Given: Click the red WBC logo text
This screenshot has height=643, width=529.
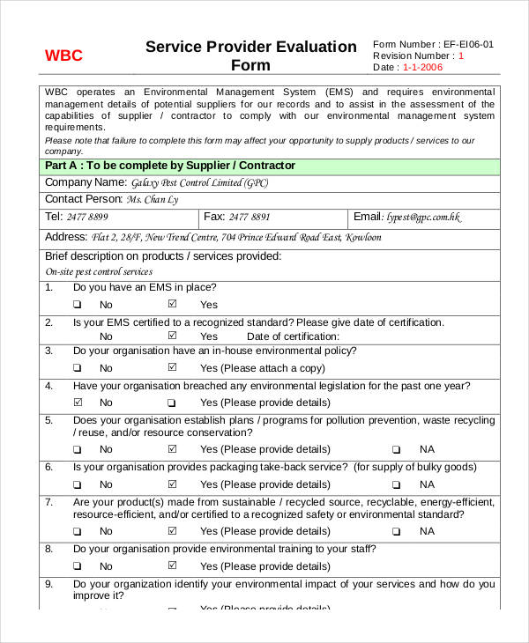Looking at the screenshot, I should point(63,55).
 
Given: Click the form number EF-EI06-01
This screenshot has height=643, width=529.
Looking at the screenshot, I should point(468,44).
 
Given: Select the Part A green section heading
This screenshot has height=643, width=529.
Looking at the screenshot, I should point(170,166).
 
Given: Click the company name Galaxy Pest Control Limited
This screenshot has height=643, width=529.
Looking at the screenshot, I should point(199,183).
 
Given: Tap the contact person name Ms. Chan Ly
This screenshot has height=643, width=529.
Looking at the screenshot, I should point(152,199).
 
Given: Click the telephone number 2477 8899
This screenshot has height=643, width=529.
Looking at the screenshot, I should point(87,217).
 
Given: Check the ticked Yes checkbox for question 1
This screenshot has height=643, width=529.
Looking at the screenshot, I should point(172,304).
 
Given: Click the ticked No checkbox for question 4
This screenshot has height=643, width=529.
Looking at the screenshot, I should point(77,402).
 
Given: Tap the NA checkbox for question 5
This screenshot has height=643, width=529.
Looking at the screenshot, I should point(396,449).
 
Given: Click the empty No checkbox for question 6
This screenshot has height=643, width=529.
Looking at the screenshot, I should point(77,484).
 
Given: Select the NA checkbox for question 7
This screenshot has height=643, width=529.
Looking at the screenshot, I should point(396,531).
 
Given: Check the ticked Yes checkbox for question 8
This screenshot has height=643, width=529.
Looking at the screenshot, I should point(172,565).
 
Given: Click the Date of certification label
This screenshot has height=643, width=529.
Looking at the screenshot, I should point(293,336).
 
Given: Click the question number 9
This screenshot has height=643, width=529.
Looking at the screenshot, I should point(48,584).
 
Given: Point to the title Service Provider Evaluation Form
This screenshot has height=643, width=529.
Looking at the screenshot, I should point(251,55).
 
